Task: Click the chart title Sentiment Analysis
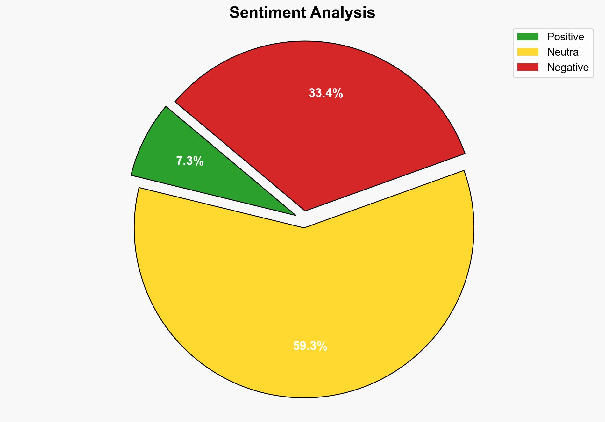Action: (x=302, y=13)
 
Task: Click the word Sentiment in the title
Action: (x=268, y=13)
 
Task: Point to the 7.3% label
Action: (x=190, y=161)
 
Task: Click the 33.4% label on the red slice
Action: (x=326, y=93)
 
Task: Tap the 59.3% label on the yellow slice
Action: (x=310, y=346)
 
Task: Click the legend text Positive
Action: (x=566, y=37)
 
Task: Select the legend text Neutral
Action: (x=564, y=52)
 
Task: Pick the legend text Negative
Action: (x=568, y=68)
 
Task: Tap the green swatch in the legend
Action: (x=528, y=37)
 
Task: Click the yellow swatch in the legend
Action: (x=528, y=52)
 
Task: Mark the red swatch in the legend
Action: (x=528, y=67)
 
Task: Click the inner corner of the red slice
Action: (x=305, y=210)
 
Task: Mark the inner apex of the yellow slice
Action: (x=304, y=227)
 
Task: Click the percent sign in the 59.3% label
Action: (x=323, y=346)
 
